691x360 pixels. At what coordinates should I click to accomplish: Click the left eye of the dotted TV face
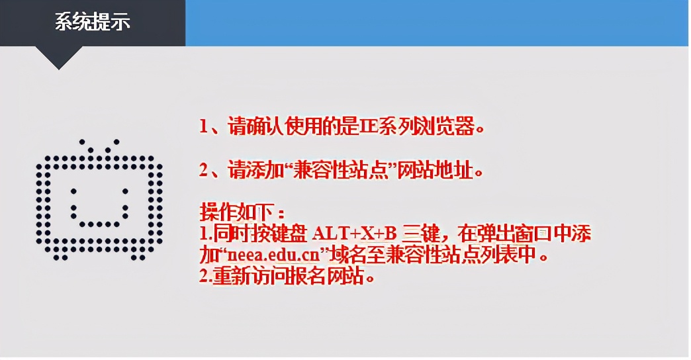[73, 192]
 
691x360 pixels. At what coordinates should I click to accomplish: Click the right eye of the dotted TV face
[123, 192]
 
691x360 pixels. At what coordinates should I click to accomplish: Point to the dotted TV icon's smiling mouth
[98, 218]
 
